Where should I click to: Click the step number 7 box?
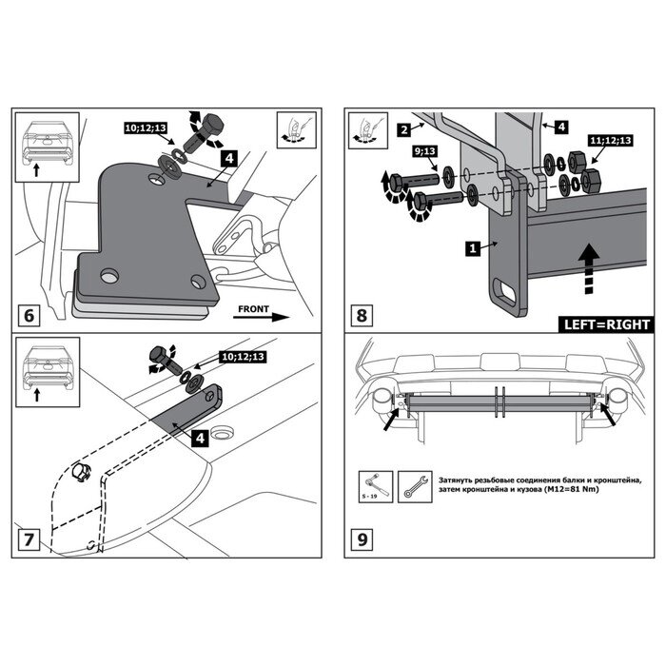29,540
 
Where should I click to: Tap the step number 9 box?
361,540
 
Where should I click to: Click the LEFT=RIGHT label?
607,324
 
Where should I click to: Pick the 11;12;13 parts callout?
611,140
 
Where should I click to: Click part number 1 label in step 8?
471,248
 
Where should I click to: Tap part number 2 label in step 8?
405,128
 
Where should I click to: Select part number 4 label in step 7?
199,437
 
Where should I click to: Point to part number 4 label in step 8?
561,125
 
